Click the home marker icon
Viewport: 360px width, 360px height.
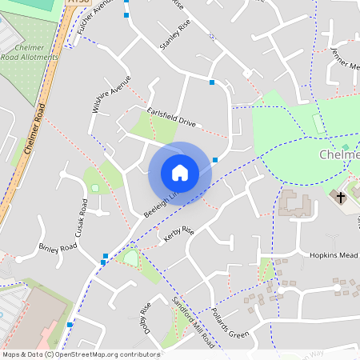tap(179, 172)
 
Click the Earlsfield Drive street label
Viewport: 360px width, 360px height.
tap(171, 117)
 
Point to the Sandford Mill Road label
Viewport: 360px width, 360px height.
tap(194, 320)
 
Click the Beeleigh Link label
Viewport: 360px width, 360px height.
tap(160, 205)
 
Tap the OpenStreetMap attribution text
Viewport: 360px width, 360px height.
tap(81, 354)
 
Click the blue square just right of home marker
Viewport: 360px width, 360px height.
tap(216, 160)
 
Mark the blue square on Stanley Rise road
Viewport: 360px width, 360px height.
tap(212, 82)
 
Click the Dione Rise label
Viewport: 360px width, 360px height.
tap(146, 320)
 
